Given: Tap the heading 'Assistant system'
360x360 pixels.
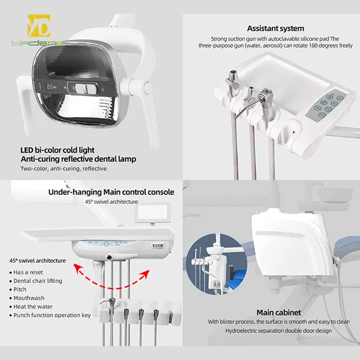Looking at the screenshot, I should [x=275, y=28].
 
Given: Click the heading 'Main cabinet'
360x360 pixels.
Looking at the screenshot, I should [x=278, y=312].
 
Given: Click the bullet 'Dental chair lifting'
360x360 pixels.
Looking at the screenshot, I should [x=38, y=280].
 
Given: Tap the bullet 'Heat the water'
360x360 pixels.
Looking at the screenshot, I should [x=34, y=305].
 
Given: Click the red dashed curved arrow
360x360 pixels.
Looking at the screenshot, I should [x=111, y=275].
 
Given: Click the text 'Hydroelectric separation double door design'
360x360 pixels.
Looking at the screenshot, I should [x=277, y=330].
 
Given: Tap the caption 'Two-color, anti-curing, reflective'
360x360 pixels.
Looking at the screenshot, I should [x=64, y=169].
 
